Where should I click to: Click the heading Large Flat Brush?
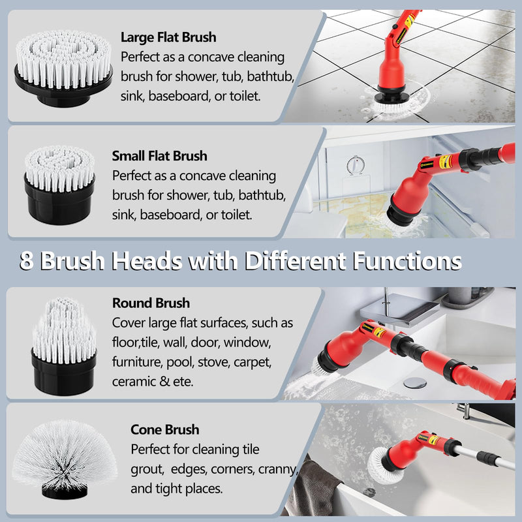pyautogui.click(x=168, y=37)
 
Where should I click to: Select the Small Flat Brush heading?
pyautogui.click(x=159, y=156)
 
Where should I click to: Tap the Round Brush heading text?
pyautogui.click(x=151, y=303)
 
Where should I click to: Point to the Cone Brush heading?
pyautogui.click(x=164, y=429)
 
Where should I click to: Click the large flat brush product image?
pyautogui.click(x=63, y=68)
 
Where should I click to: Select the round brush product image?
pyautogui.click(x=63, y=346)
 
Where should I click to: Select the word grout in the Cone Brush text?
pyautogui.click(x=147, y=468)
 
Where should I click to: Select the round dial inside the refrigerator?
pyautogui.click(x=355, y=164)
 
